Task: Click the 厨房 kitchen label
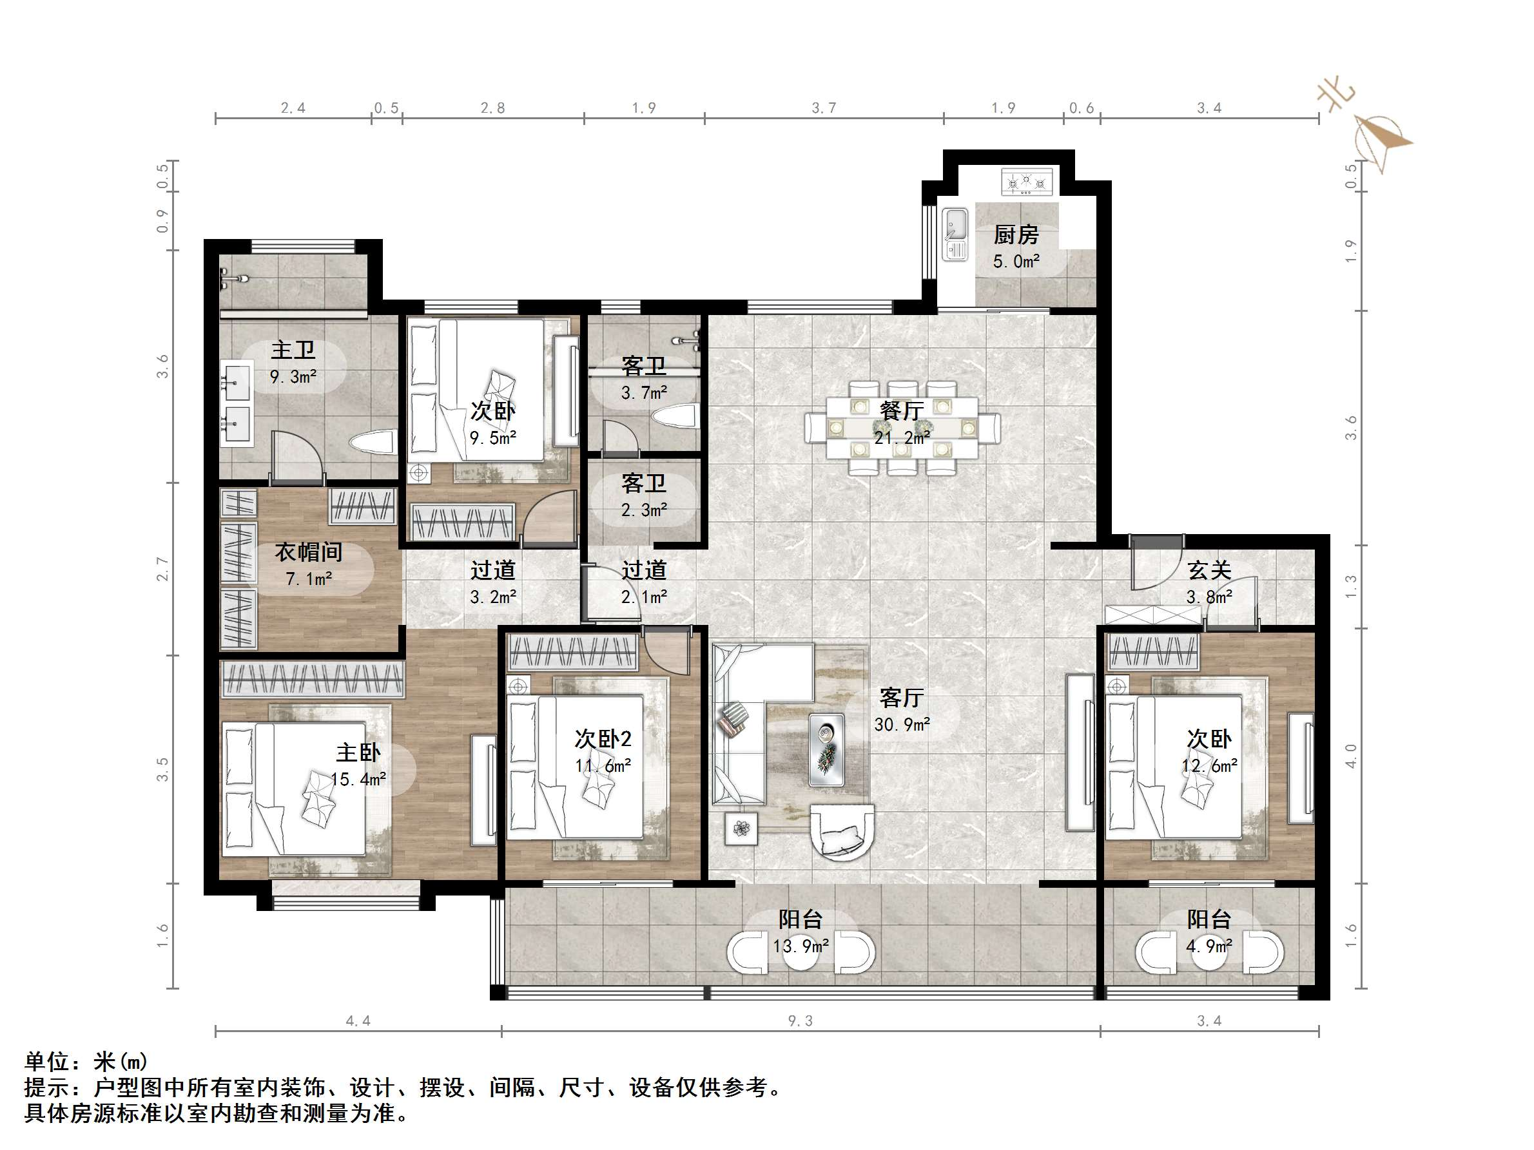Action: coord(1015,235)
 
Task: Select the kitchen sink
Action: coord(955,235)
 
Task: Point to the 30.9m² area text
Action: coord(901,724)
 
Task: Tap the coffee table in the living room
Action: coord(827,750)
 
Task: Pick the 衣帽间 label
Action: coord(309,553)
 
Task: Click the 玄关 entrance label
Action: coord(1209,571)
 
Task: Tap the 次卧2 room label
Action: coord(603,739)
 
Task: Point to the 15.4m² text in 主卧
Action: coord(358,779)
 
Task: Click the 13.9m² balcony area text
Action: coord(801,946)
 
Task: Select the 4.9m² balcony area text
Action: coord(1209,946)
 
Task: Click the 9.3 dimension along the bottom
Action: coord(800,1021)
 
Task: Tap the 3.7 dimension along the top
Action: coord(824,108)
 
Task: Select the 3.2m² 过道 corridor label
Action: coord(492,597)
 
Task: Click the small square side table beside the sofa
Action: coord(741,829)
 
